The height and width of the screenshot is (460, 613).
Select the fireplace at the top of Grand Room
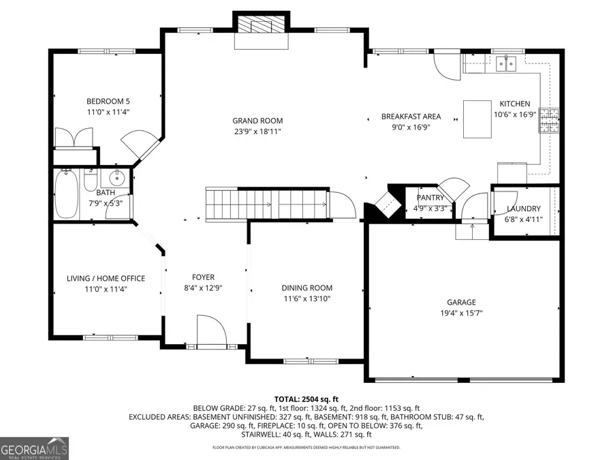[261, 28]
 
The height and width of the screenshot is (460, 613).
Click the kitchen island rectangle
[477, 119]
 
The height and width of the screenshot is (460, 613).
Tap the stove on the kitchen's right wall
[550, 120]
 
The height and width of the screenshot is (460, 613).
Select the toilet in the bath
[91, 181]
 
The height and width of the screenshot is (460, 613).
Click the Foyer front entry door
[211, 332]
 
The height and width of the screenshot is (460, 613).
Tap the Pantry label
[430, 198]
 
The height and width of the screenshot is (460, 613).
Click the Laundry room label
[524, 209]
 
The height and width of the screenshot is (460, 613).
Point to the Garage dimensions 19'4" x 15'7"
[461, 313]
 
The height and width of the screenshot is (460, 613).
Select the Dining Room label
[306, 288]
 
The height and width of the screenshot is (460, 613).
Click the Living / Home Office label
[106, 278]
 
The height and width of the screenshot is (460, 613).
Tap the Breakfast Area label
[411, 117]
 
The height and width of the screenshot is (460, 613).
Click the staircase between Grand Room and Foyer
[266, 204]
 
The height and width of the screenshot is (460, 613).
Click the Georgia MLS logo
[34, 448]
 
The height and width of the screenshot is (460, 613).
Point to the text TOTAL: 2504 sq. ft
[306, 399]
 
